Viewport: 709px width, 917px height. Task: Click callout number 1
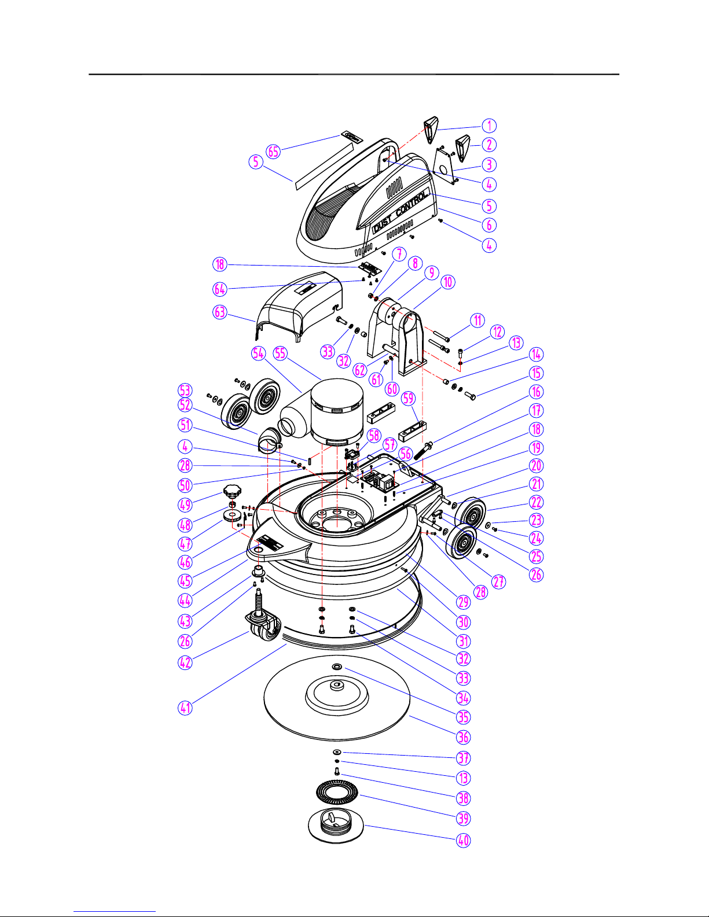coord(489,126)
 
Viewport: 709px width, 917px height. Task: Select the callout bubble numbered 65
coord(273,151)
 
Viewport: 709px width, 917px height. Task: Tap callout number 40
coord(464,840)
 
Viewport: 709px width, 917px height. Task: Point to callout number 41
coord(185,708)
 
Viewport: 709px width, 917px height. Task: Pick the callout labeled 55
coord(280,353)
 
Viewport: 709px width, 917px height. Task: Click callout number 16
coord(536,392)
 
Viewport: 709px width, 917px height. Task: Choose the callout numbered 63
coord(220,312)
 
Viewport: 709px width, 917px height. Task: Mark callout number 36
coord(464,737)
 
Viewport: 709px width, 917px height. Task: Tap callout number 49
coord(185,504)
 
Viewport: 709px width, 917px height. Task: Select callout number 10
coord(448,282)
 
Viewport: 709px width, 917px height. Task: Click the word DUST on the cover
coord(382,225)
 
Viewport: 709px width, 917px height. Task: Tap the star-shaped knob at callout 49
coord(232,491)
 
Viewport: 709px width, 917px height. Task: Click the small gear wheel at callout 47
coord(233,515)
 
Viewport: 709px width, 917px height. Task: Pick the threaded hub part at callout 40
coord(336,826)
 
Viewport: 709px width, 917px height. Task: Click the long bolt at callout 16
coord(424,451)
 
